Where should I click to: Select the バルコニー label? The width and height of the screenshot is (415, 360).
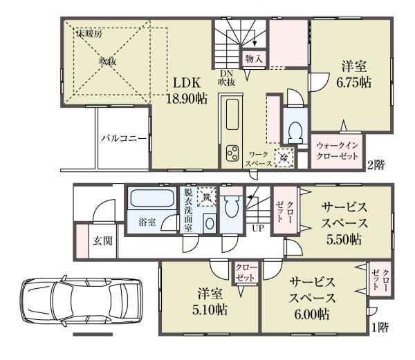pos(123,139)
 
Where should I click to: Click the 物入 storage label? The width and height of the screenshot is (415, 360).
pos(253,59)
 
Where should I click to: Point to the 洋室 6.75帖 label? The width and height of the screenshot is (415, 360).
pos(353,75)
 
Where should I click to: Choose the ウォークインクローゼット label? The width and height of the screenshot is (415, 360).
pos(338,152)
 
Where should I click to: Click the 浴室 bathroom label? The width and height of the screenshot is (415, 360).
pos(147,222)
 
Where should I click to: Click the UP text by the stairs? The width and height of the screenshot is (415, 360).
pos(258,227)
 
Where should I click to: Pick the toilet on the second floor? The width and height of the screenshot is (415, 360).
pos(295,130)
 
